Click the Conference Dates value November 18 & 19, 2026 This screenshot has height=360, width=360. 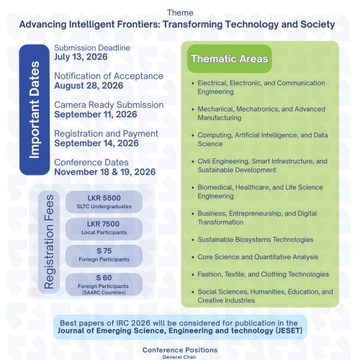tap(104, 171)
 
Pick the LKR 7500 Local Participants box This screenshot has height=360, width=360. tap(104, 228)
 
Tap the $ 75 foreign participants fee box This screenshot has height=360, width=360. tap(104, 255)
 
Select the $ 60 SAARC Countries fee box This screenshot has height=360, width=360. tap(104, 283)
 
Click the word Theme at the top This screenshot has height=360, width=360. tap(179, 13)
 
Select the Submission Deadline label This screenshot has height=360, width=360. tap(92, 48)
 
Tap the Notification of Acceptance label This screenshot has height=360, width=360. tap(108, 76)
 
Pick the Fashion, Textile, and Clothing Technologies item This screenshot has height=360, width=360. tap(263, 274)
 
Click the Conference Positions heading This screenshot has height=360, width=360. tap(179, 349)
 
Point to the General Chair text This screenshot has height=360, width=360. tap(179, 356)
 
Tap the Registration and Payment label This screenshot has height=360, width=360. tap(106, 133)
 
